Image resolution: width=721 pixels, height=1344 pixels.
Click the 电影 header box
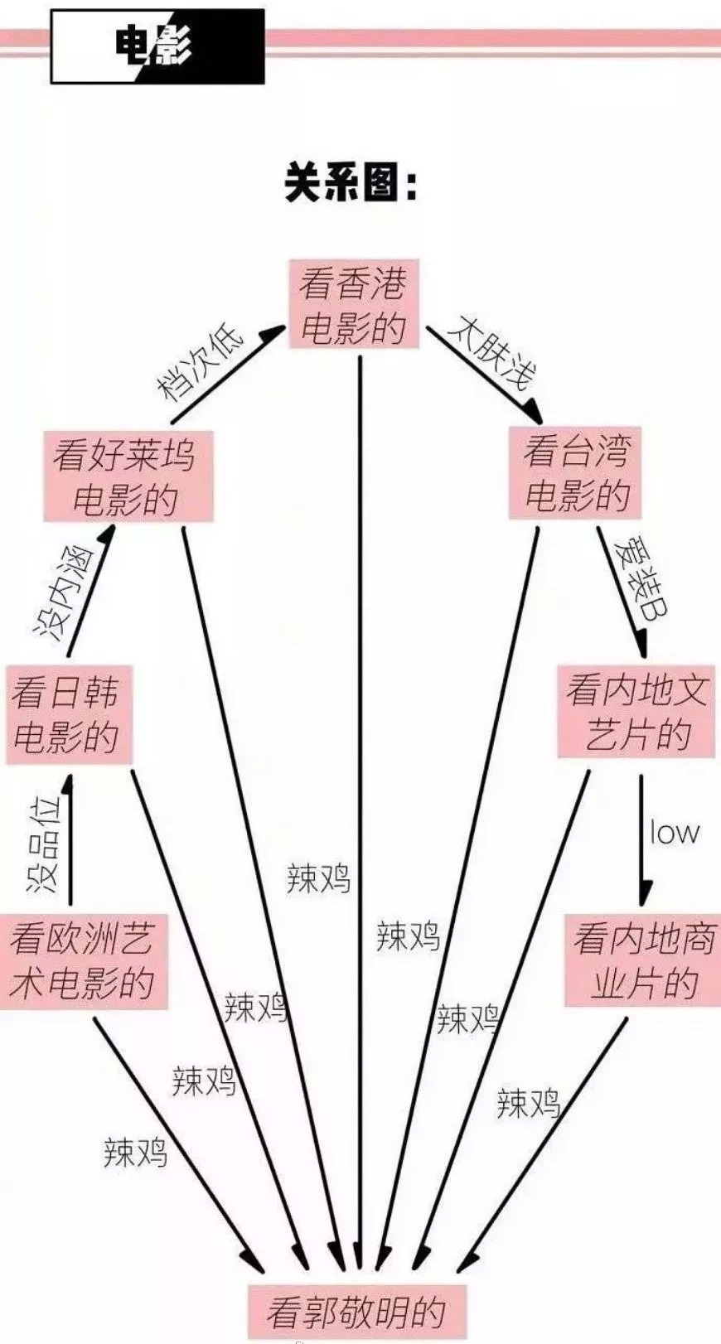(157, 46)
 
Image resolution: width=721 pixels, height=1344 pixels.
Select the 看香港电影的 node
(353, 304)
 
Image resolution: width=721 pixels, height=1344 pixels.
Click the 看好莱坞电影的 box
(128, 476)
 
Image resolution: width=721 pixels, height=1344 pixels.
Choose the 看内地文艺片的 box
(636, 712)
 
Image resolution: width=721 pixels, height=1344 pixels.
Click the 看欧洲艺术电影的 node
(83, 961)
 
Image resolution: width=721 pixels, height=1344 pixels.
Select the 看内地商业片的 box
(643, 960)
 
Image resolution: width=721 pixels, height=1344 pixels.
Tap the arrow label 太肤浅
(493, 353)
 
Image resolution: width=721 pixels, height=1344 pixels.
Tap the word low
(674, 833)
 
